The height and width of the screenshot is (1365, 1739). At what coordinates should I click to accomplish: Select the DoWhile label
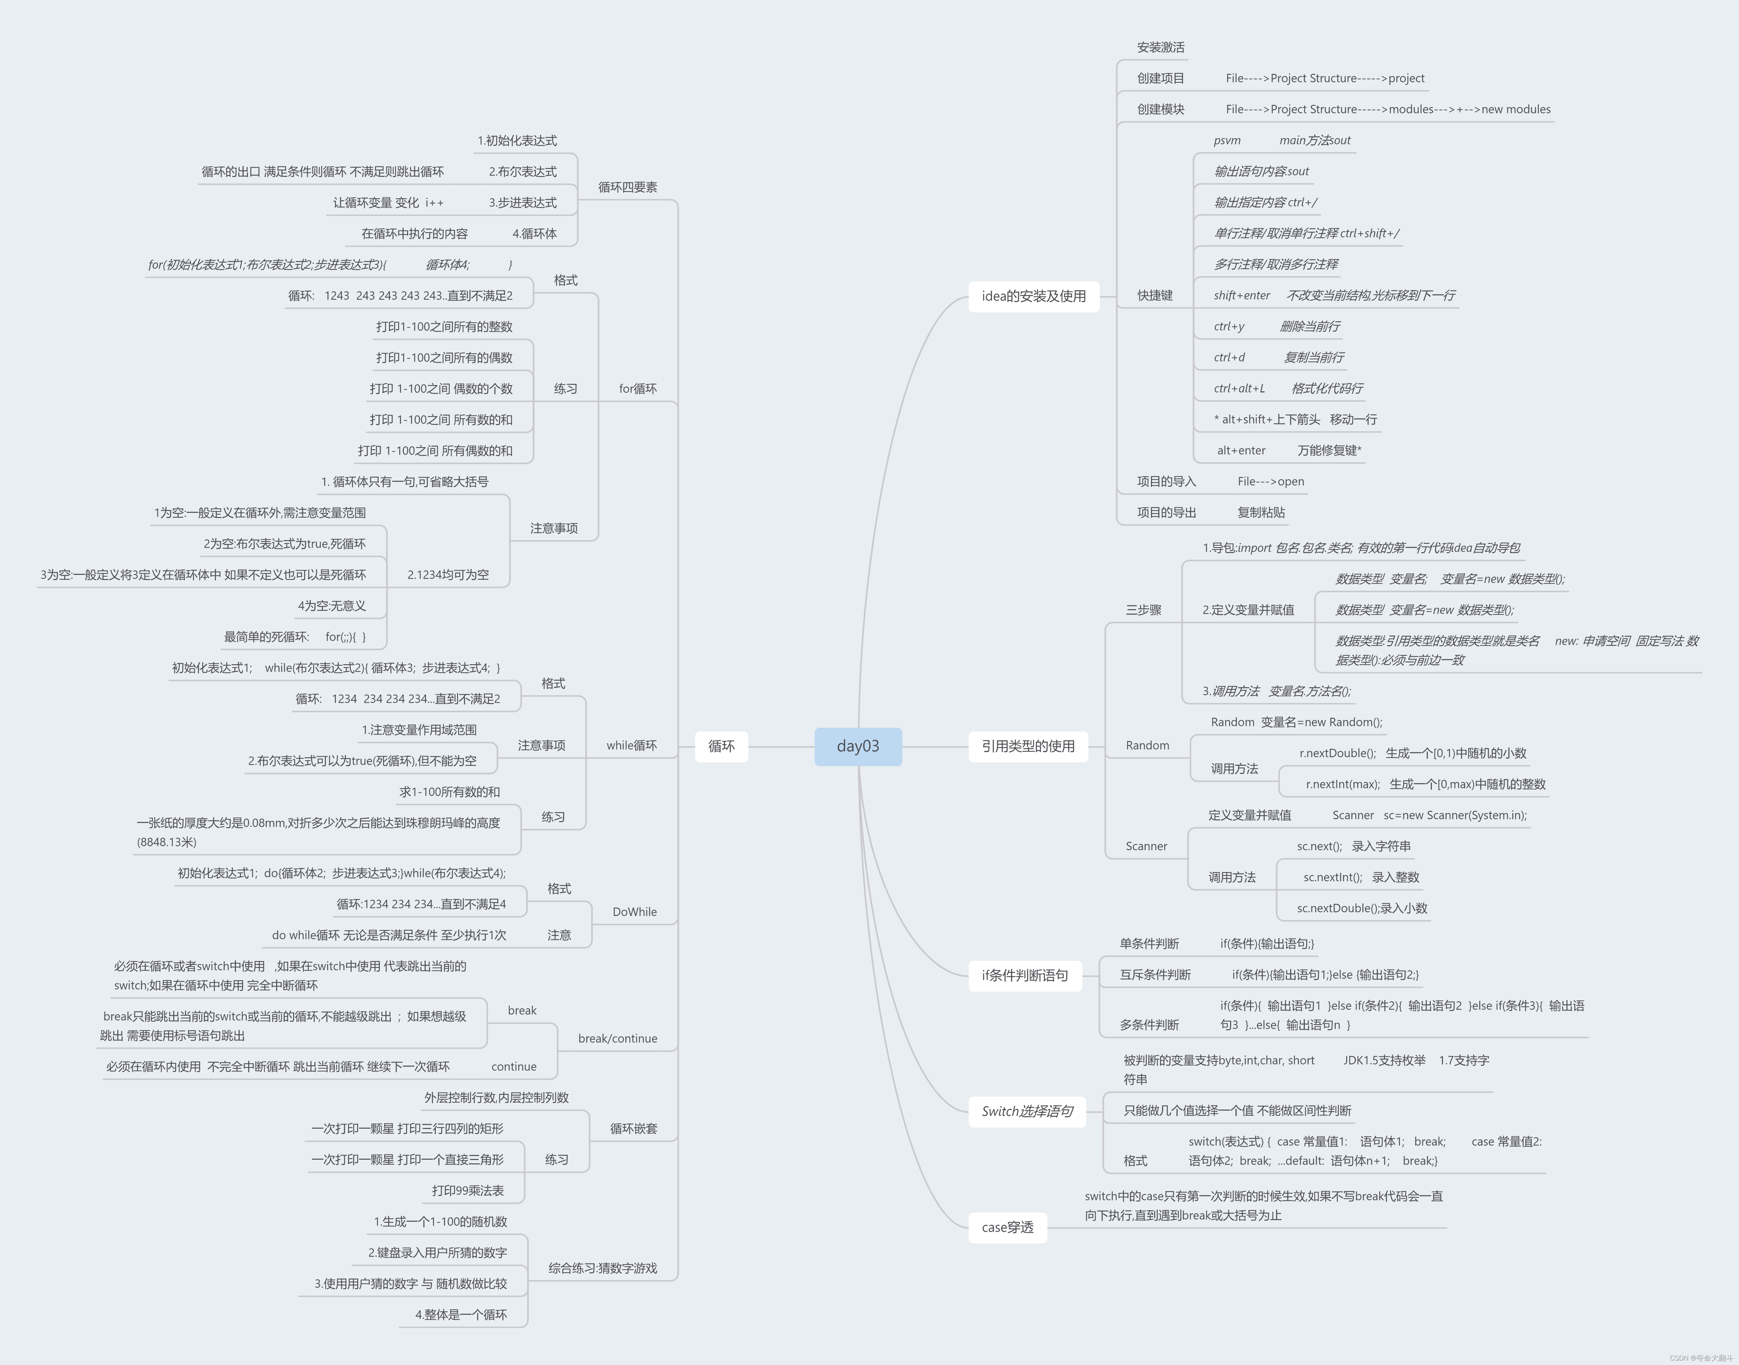634,912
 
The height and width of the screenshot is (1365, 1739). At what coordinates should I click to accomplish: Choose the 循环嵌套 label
633,1128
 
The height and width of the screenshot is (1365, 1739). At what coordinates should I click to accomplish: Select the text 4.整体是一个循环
461,1315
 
